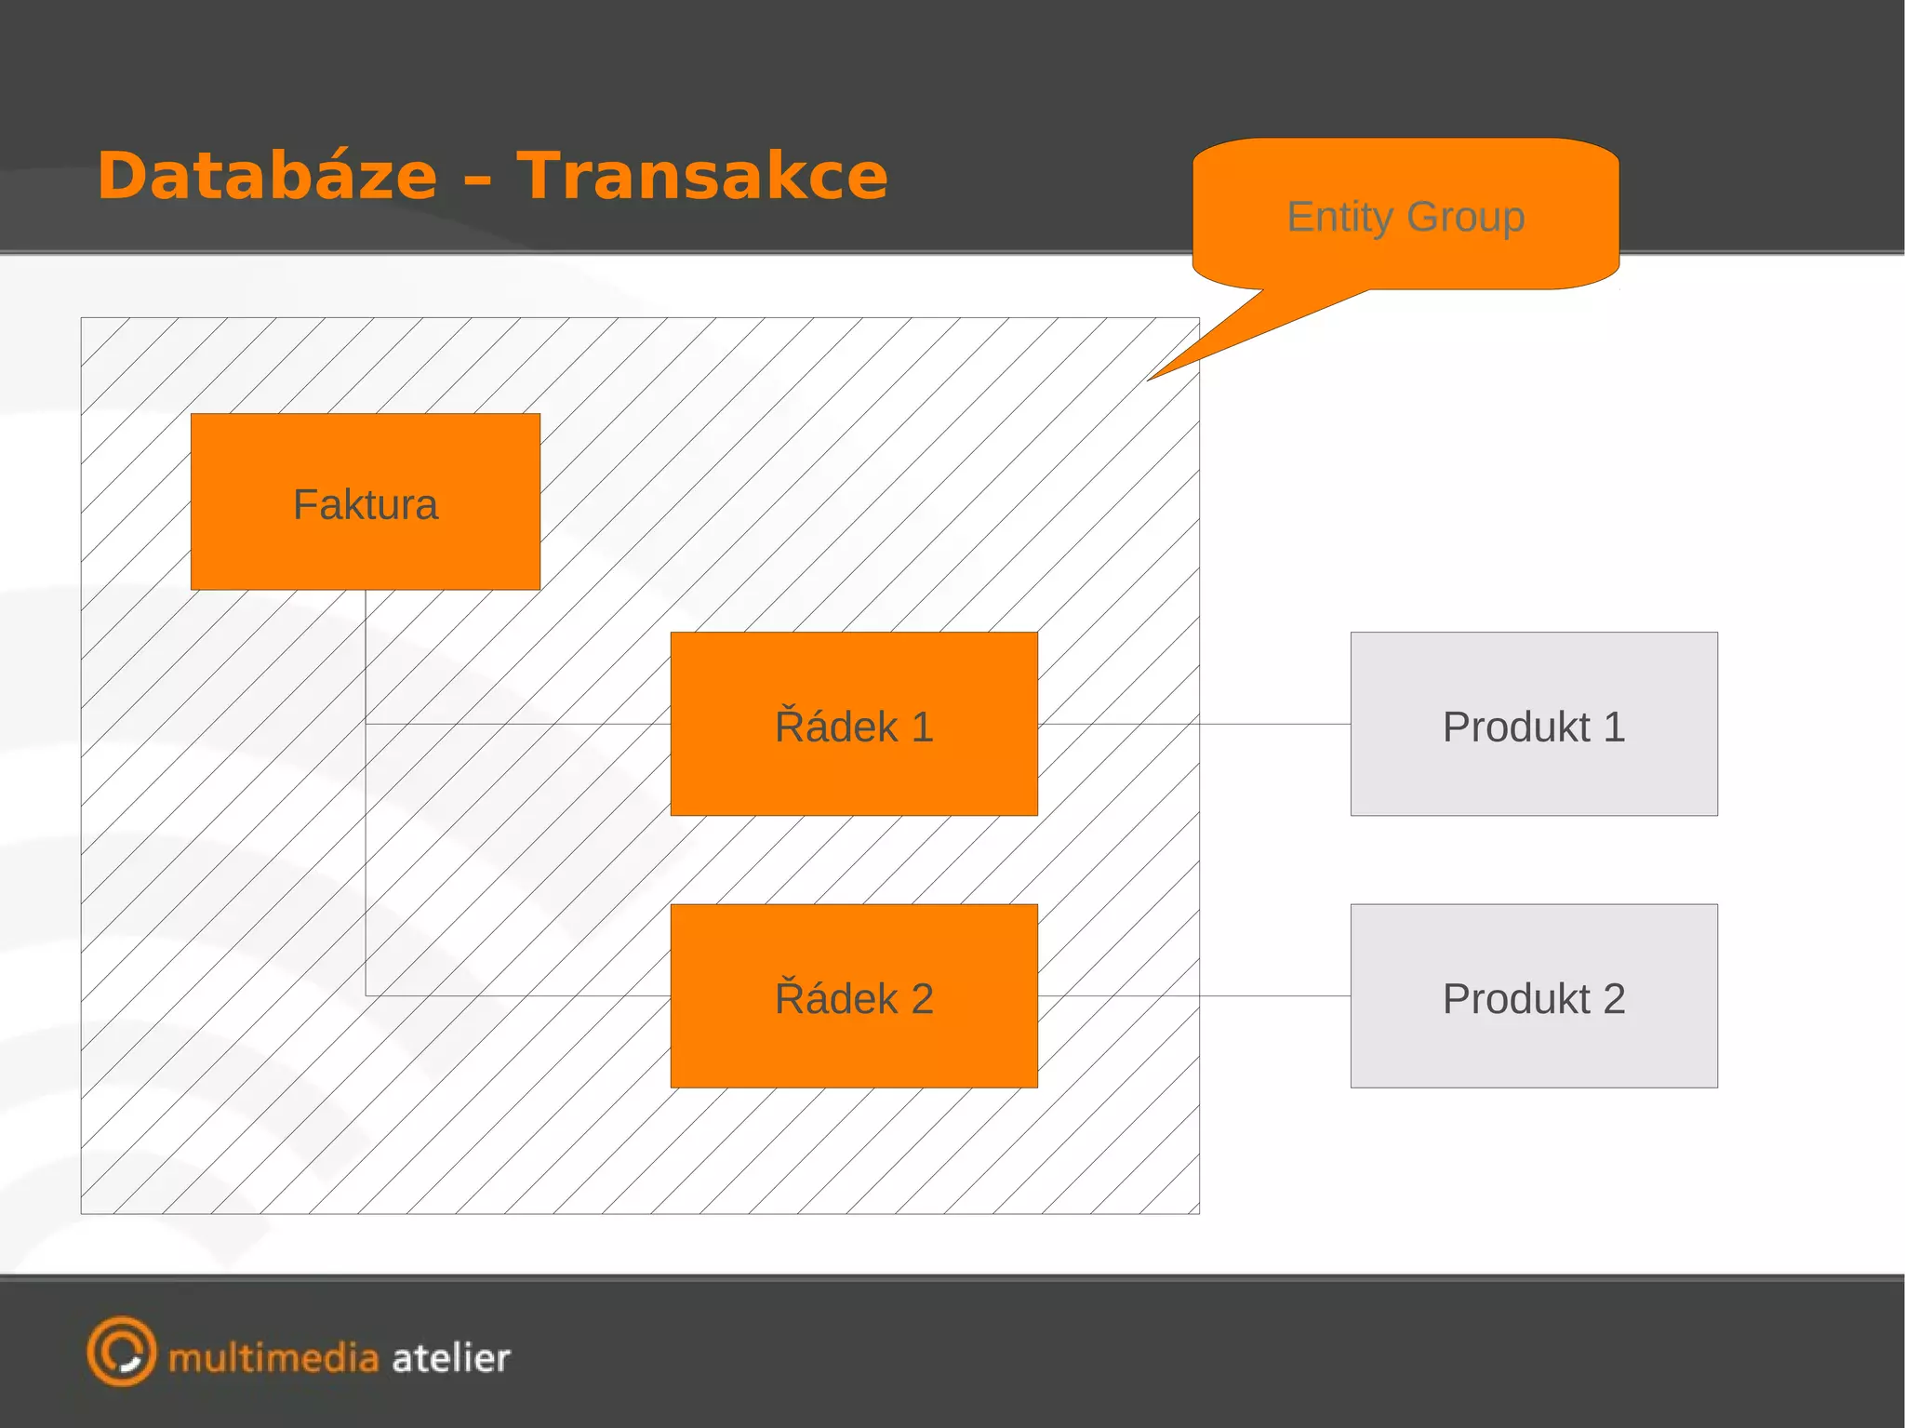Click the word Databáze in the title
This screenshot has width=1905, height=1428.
point(267,176)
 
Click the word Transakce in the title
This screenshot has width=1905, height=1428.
point(702,176)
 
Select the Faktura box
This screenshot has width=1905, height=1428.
point(365,502)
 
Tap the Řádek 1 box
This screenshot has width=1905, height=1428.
point(853,725)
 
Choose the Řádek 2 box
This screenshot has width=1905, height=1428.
point(853,996)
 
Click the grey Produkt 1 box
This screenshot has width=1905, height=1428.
point(1533,725)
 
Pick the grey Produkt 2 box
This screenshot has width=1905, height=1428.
point(1533,996)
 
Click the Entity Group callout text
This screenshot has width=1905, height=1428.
point(1405,217)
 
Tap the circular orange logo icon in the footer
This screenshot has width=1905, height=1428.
point(121,1351)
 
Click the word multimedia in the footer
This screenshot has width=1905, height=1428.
point(273,1358)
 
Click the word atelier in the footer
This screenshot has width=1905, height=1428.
point(451,1358)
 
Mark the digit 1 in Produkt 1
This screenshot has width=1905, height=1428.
point(1614,727)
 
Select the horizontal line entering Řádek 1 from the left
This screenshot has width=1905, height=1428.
point(517,724)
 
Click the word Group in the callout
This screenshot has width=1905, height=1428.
point(1465,217)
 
